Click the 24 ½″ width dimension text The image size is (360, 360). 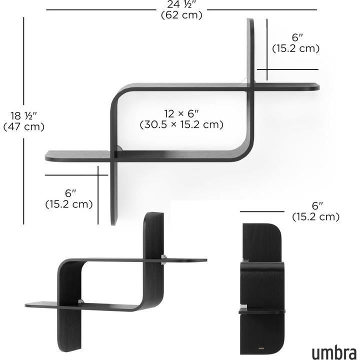181,4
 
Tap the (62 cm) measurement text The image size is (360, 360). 181,15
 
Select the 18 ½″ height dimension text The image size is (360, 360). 23,116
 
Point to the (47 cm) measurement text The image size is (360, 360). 23,127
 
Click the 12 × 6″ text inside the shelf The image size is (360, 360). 181,113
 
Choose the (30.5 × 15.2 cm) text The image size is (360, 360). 181,124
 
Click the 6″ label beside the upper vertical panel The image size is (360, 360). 297,37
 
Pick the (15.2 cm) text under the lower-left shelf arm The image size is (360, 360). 69,204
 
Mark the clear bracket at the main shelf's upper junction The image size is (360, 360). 246,80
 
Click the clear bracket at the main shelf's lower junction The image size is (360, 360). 119,149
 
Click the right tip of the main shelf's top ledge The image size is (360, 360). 317,87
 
